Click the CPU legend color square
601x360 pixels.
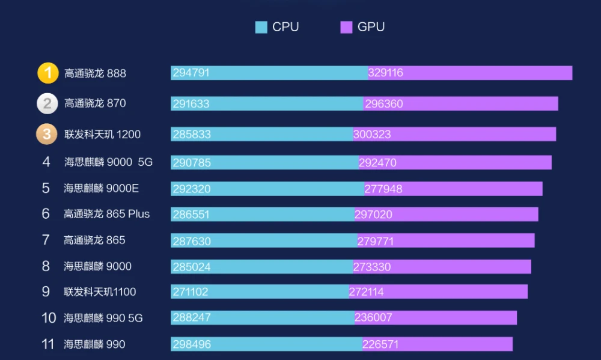[261, 27]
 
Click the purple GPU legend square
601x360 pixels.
[346, 27]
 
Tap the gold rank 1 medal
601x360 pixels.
[48, 73]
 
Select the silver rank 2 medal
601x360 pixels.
[47, 103]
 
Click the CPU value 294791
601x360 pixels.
[191, 73]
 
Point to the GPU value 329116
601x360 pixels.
[386, 73]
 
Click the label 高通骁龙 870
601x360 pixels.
[95, 103]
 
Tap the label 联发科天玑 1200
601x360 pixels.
[102, 134]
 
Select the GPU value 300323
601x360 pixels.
[372, 134]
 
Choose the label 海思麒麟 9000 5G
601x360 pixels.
[108, 162]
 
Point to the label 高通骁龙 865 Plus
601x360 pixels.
[106, 214]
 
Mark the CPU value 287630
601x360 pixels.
[191, 241]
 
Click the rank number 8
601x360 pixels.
[46, 266]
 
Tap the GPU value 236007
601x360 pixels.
[373, 318]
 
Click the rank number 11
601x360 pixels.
[48, 344]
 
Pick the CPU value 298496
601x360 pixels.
[191, 344]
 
